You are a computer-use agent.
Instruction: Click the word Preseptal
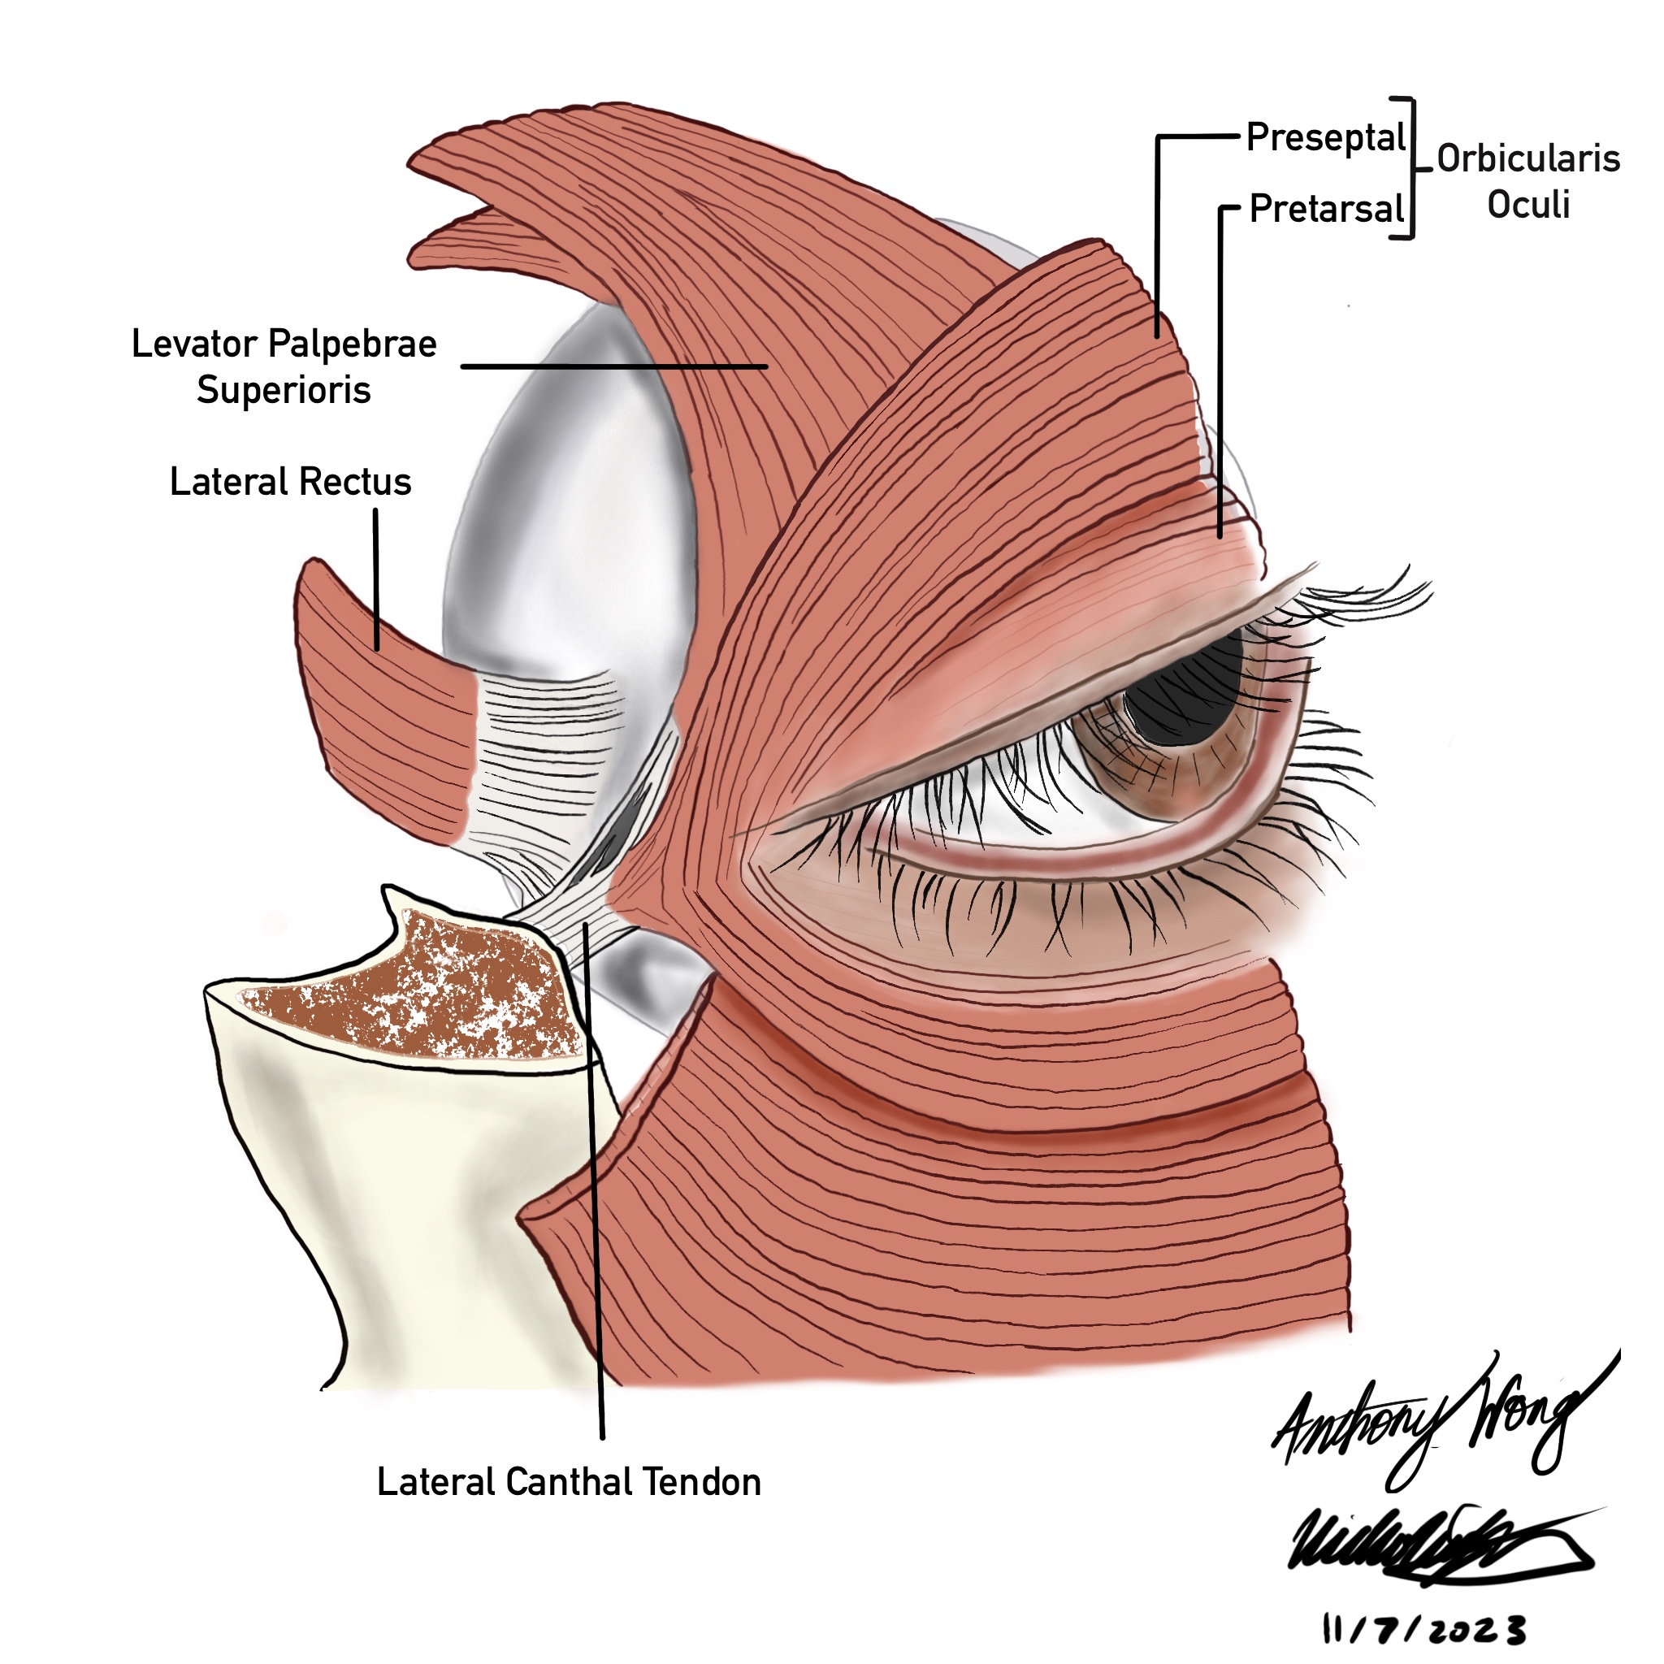(1325, 139)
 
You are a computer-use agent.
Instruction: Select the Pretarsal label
(1326, 210)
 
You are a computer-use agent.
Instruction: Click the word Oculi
(1528, 205)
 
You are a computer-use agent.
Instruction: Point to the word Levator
(195, 344)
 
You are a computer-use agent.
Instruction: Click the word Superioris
(284, 390)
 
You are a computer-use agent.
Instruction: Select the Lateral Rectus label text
(290, 483)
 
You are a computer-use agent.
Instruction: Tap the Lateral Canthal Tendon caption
(569, 1482)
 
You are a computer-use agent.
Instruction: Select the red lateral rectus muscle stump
(379, 706)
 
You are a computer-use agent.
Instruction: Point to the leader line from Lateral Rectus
(375, 577)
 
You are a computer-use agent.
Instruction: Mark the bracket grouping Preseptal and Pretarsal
(1410, 168)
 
